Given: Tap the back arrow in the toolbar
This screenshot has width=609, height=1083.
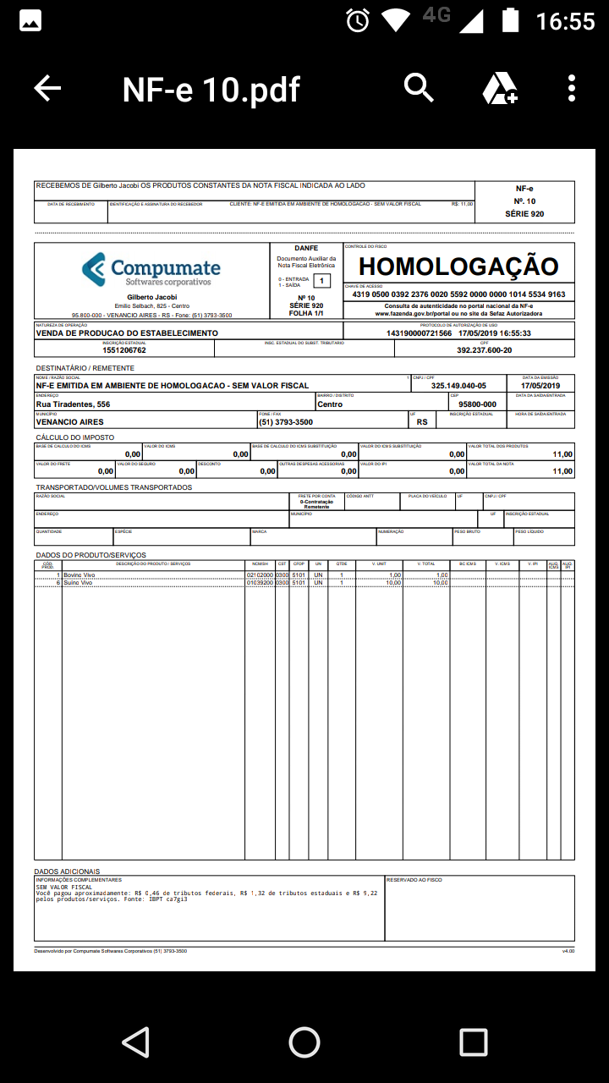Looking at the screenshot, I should [47, 88].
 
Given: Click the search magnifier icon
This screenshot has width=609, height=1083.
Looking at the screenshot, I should [419, 87].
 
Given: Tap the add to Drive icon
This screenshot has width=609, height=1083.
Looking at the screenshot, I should [499, 88].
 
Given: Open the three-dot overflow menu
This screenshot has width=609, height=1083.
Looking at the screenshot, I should [572, 88].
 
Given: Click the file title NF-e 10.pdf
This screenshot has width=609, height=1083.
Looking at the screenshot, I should [211, 89].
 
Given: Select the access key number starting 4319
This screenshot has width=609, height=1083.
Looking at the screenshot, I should [458, 294].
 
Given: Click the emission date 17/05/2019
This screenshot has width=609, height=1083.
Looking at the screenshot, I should [546, 386].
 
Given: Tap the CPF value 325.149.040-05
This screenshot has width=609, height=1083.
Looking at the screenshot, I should [458, 386].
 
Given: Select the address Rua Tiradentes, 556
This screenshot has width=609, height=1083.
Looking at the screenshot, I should [73, 404].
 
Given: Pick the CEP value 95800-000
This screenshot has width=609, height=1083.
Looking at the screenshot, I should [477, 404].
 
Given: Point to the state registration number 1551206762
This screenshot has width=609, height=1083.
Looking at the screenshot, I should [124, 349].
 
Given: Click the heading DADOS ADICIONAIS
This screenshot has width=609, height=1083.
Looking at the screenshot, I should [67, 871].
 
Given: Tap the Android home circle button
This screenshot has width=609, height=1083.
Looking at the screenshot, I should [304, 1042].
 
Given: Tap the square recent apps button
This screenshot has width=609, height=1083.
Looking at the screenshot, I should [473, 1042].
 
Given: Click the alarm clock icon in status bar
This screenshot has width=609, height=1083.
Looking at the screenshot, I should [358, 19].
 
